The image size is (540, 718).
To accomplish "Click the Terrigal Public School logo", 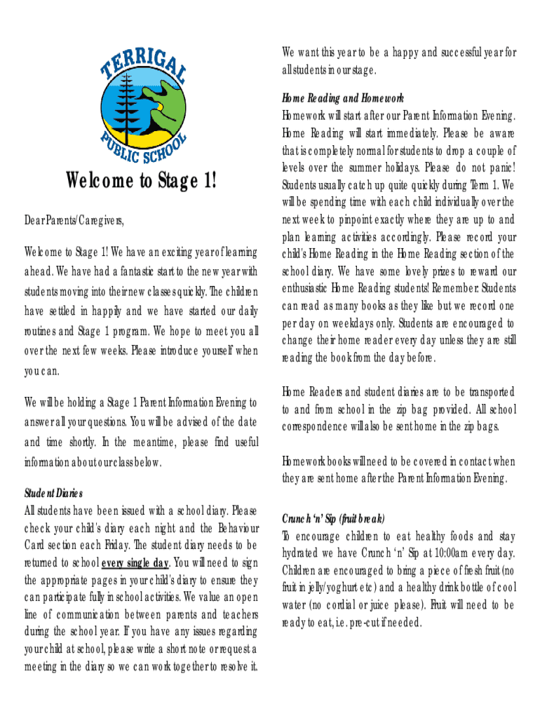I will (x=143, y=100).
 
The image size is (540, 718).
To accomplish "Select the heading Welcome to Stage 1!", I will (x=142, y=182).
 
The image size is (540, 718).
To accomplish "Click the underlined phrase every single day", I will (x=135, y=562).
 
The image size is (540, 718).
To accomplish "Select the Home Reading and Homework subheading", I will (x=343, y=98).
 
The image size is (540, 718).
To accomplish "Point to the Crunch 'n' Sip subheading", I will (x=333, y=520).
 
